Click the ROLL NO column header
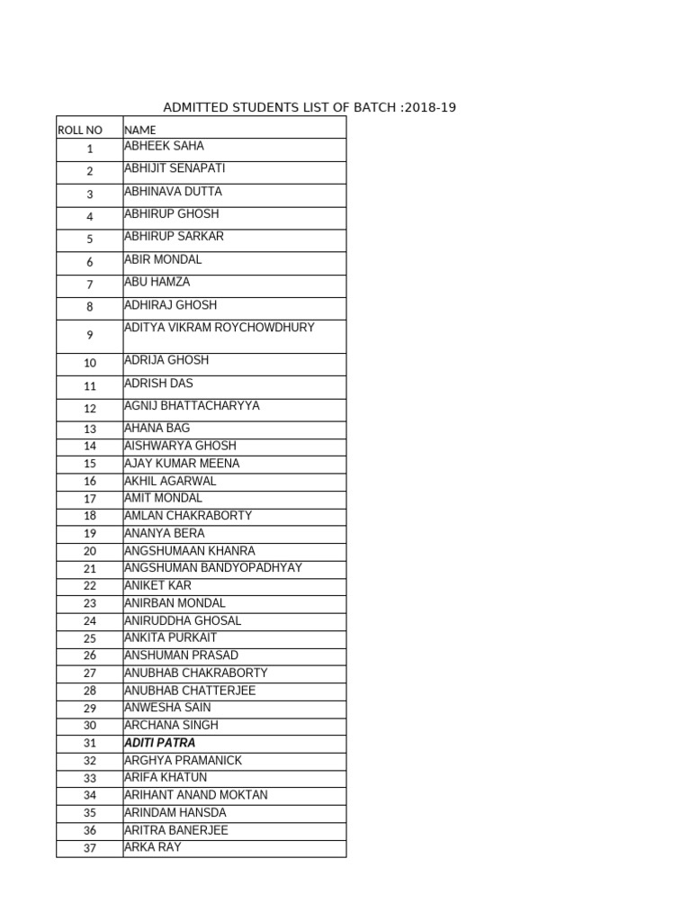80,131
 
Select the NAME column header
139,131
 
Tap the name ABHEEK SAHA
164,146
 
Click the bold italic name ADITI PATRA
159,743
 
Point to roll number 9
90,336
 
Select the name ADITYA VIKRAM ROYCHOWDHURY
220,328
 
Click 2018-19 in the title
431,108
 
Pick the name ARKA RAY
153,847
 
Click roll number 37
90,848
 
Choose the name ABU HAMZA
157,282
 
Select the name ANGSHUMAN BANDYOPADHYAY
213,568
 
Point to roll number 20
90,551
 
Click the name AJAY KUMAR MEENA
182,464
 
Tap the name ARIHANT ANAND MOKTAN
195,795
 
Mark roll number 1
90,149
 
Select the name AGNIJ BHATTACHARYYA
192,406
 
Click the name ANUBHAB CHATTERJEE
190,691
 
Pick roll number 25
90,638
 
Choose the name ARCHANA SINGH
171,725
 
